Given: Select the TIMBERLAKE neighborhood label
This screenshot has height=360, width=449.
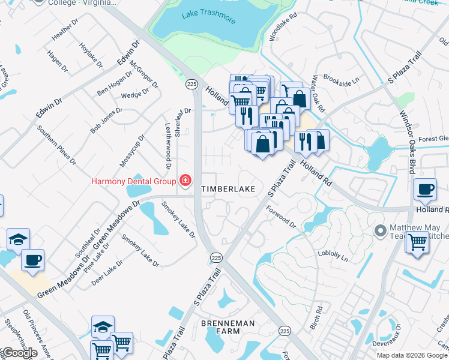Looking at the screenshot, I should click(x=228, y=189).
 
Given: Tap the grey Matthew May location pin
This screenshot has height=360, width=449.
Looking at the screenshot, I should click(x=379, y=230).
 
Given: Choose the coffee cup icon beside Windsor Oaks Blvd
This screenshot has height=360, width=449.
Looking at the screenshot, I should click(x=426, y=188).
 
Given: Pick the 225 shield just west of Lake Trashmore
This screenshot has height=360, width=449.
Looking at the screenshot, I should click(x=191, y=85).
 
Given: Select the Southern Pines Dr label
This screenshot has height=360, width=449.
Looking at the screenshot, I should click(x=56, y=145).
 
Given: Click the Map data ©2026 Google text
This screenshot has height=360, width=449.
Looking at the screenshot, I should click(x=412, y=355).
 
